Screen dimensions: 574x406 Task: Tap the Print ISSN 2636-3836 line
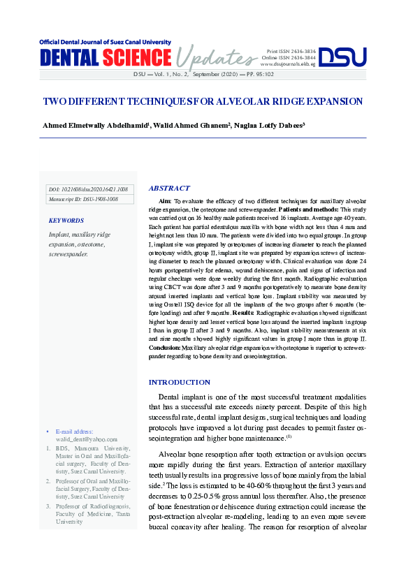(x=291, y=52)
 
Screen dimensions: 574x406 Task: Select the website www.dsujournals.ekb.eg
(x=288, y=64)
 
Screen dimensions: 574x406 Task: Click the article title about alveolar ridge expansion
(x=203, y=101)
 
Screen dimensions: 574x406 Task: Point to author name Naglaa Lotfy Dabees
(x=273, y=126)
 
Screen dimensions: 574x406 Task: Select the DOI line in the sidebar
(x=88, y=189)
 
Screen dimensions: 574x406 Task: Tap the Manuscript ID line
(x=82, y=199)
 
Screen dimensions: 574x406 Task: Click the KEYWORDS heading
(x=66, y=221)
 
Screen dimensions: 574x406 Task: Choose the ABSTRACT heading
(x=169, y=189)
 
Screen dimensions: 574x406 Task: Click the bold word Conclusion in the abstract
(x=165, y=347)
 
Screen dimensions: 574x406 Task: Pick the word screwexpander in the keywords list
(x=68, y=254)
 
